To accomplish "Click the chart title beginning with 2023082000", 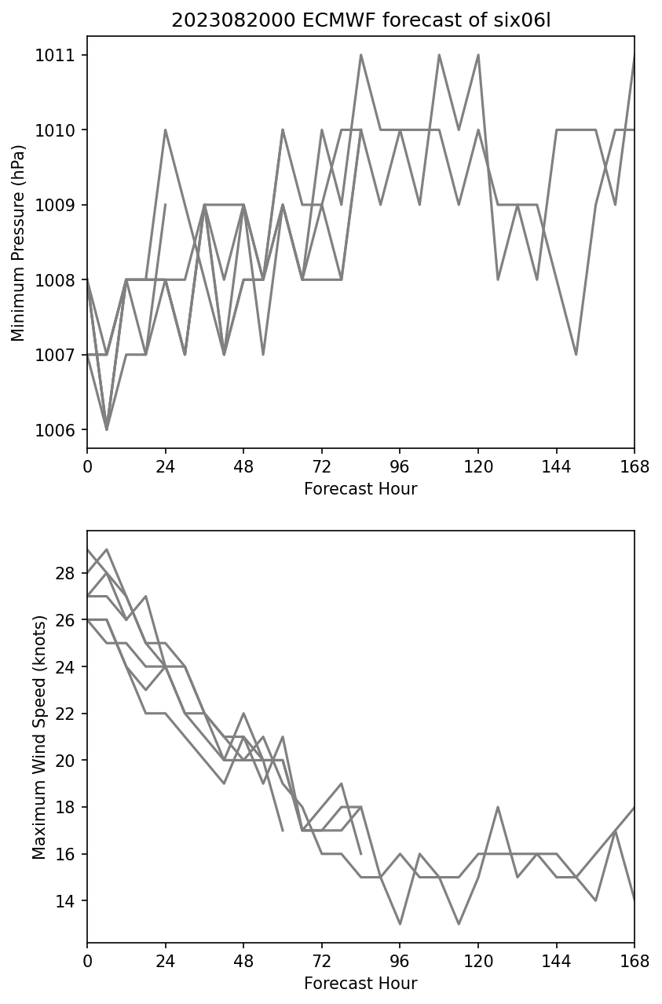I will (360, 20).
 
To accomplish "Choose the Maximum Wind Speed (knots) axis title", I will (39, 736).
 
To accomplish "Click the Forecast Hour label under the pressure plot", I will (360, 489).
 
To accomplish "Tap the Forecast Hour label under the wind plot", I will (360, 984).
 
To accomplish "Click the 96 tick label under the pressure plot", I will (400, 467).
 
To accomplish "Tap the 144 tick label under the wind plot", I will (557, 962).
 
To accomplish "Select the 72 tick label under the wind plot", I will (322, 962).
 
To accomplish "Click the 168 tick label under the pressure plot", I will (635, 467).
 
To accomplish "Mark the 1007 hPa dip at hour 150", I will (576, 355).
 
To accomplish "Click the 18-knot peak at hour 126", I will (498, 807).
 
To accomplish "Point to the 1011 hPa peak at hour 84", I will (361, 55).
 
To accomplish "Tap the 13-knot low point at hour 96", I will (400, 924).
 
